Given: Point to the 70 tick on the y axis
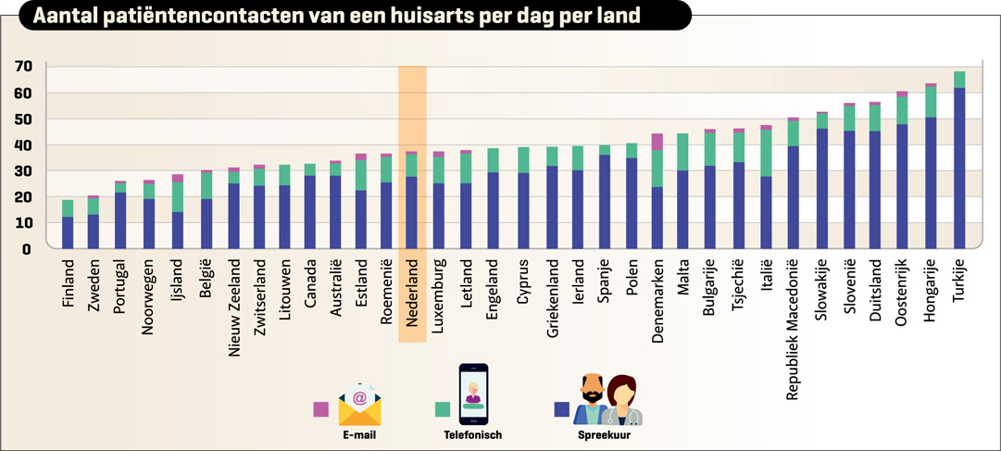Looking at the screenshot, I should coord(23,67).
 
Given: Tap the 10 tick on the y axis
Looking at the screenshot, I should coord(23,223).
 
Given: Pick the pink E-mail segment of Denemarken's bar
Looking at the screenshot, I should coord(657,142).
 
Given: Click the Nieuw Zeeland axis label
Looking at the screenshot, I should coord(234,305).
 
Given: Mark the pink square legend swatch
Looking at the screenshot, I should coord(321,409).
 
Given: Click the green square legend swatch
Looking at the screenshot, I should coord(443,409).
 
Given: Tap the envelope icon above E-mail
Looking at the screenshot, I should coord(360,404).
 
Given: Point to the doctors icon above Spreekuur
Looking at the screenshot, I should coord(607,400).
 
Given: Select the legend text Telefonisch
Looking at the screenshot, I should coord(472,434).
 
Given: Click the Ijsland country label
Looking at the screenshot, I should coord(178,282).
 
